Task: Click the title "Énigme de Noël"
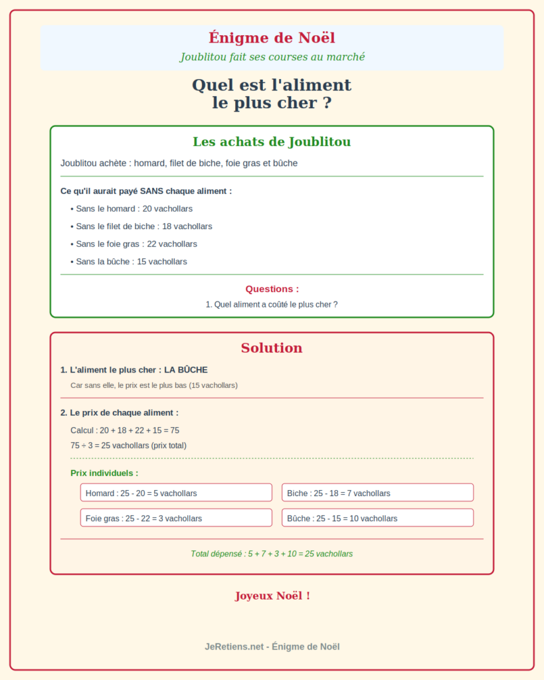point(272,38)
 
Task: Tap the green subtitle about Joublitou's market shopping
point(272,57)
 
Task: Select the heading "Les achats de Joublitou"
point(272,141)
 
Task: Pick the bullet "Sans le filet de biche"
point(143,226)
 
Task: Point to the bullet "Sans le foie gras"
point(136,244)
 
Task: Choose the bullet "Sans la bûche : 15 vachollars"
point(132,262)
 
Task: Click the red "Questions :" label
point(272,289)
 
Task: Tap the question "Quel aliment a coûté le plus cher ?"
point(272,304)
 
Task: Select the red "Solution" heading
point(272,348)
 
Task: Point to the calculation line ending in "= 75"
point(125,430)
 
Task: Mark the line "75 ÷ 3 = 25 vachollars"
point(128,446)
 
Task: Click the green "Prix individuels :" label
point(104,473)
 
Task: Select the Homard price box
point(176,493)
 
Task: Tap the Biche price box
point(377,493)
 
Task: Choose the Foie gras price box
point(176,518)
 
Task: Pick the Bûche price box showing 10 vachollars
point(377,518)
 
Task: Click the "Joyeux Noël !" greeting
point(272,596)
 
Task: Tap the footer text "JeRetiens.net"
point(234,646)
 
